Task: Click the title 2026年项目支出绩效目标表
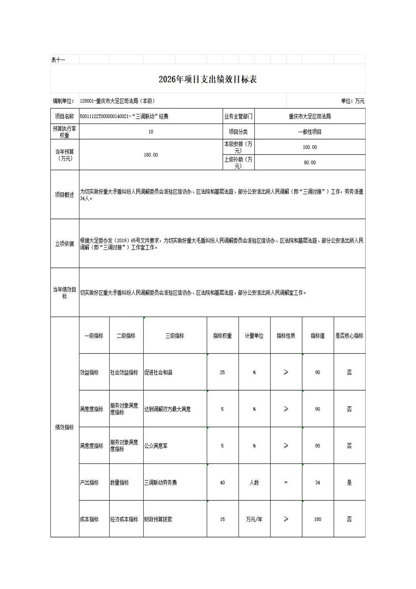pos(208,79)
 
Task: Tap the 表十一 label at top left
pos(58,60)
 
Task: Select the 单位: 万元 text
pos(352,101)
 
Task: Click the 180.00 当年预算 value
pos(151,155)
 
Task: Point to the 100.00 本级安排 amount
pos(309,147)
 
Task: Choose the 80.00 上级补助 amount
pos(309,163)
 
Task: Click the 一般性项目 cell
pos(309,132)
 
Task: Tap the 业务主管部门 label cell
pos(238,116)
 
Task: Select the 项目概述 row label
pos(64,195)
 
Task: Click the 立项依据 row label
pos(64,244)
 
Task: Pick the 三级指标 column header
pos(175,336)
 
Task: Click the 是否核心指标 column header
pos(349,336)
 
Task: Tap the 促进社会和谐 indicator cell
pos(158,372)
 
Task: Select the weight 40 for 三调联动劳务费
pos(222,483)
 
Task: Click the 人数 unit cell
pos(254,483)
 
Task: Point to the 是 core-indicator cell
pos(349,483)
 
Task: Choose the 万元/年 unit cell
pos(254,519)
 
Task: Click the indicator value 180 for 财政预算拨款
pos(318,519)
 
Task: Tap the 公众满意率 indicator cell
pos(156,446)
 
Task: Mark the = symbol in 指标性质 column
pos(286,483)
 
